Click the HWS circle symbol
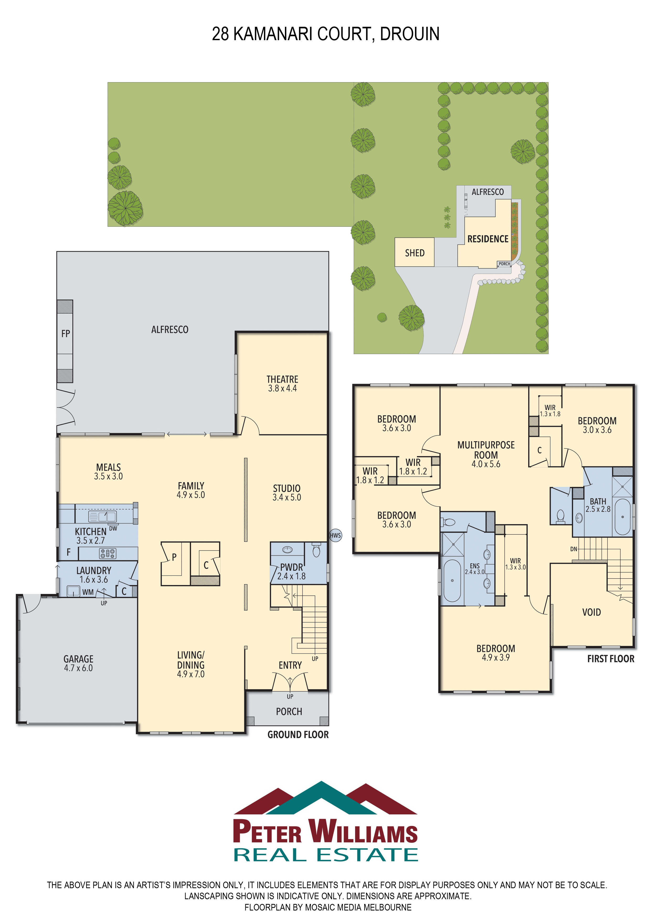(335, 535)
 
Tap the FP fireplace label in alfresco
(65, 333)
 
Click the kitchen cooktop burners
(108, 554)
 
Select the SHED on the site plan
(414, 253)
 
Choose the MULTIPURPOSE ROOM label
(486, 450)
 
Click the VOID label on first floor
(591, 612)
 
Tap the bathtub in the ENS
(452, 580)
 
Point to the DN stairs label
(574, 549)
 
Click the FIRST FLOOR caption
(611, 659)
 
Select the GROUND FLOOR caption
(298, 734)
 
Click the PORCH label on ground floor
(289, 711)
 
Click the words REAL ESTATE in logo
(325, 855)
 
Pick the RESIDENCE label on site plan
(488, 239)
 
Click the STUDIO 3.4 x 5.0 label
(286, 493)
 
